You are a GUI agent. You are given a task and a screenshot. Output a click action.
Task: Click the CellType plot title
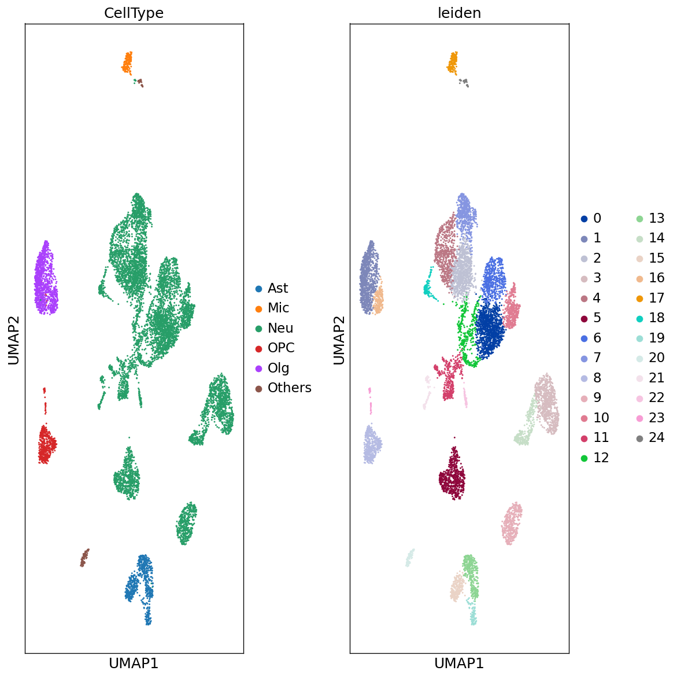point(134,13)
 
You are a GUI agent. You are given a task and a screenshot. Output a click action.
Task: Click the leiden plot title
point(459,13)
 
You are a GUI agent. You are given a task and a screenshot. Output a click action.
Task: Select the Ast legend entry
point(278,288)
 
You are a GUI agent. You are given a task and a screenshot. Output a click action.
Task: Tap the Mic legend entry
point(278,308)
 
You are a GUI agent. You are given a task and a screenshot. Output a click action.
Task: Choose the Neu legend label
point(280,328)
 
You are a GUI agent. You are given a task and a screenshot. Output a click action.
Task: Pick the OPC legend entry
point(281,348)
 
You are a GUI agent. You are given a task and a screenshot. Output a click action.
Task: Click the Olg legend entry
point(278,368)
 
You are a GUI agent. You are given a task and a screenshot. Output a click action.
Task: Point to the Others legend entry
point(289,388)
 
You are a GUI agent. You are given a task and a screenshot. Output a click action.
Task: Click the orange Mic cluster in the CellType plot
point(127,62)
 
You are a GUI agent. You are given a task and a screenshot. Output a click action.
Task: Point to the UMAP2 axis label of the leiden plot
point(339,340)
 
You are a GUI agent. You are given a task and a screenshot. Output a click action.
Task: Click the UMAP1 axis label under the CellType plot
point(134,664)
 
